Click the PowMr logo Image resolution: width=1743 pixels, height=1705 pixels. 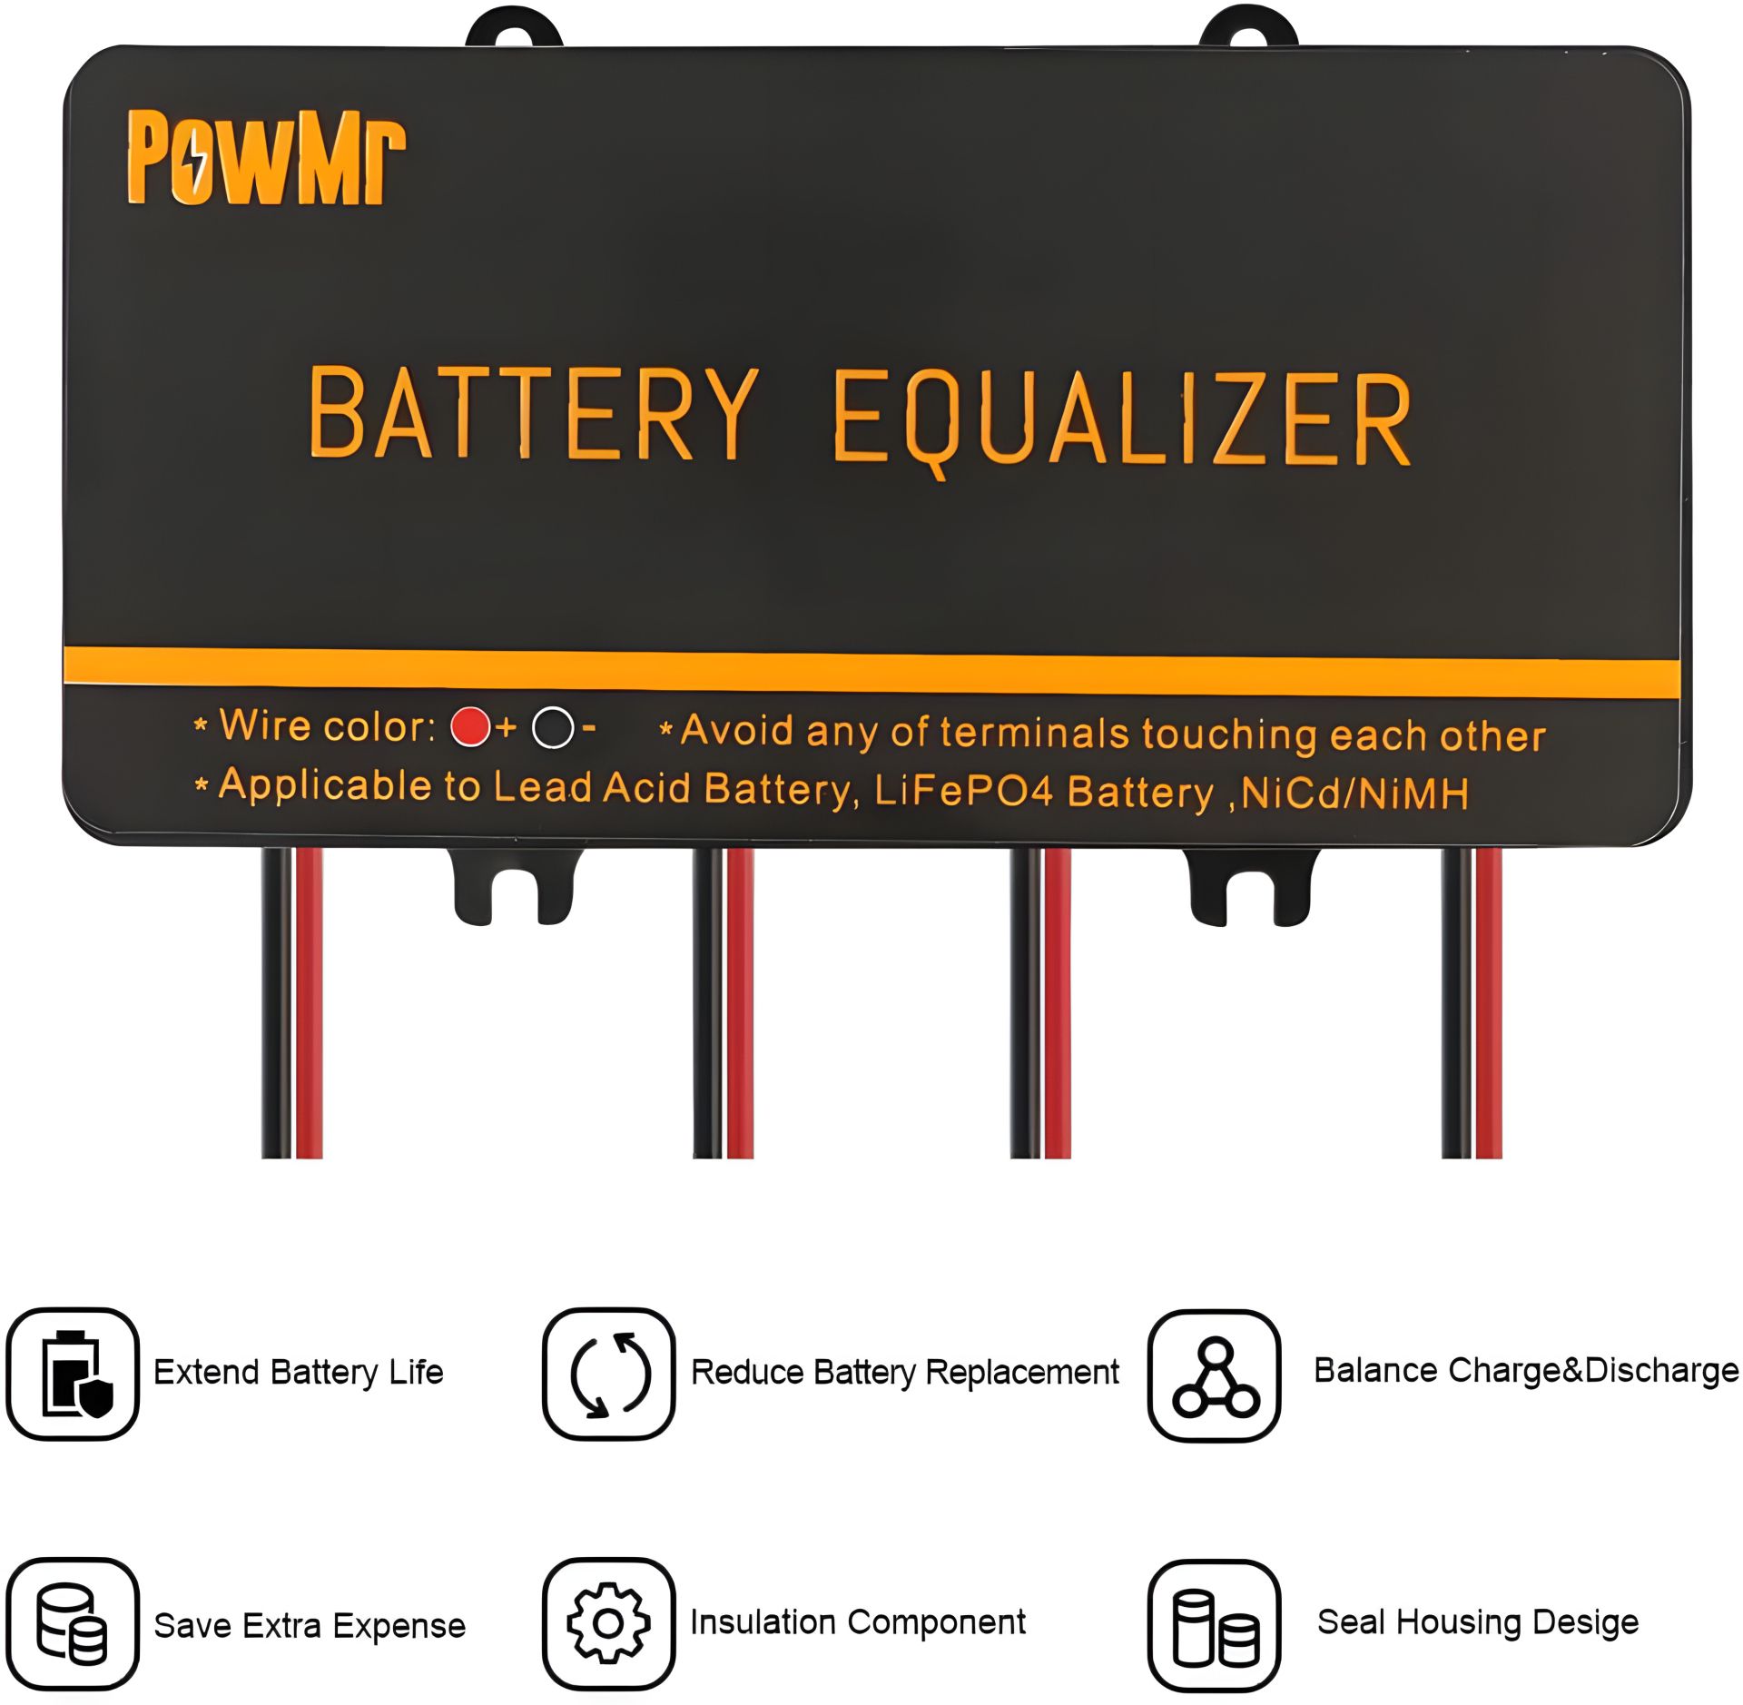pyautogui.click(x=266, y=158)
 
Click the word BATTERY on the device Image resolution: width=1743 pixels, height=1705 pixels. pyautogui.click(x=533, y=413)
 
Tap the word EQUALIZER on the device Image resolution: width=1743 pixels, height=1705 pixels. pyautogui.click(x=1122, y=421)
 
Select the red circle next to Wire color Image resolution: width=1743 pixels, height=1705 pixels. pyautogui.click(x=470, y=726)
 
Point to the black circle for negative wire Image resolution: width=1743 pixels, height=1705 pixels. pyautogui.click(x=553, y=728)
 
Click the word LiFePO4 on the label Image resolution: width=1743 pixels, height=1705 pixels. pyautogui.click(x=964, y=790)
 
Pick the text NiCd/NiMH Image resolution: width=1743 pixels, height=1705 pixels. pyautogui.click(x=1354, y=793)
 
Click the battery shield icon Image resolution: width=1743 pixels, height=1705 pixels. pyautogui.click(x=73, y=1374)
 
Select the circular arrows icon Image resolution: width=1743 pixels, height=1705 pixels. pyautogui.click(x=609, y=1374)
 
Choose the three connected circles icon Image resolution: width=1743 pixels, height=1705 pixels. pyautogui.click(x=1215, y=1375)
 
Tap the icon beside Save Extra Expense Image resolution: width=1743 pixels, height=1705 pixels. pyautogui.click(x=73, y=1624)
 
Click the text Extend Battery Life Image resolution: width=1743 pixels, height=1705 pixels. pyautogui.click(x=299, y=1373)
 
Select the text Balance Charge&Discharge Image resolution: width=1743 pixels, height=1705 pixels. pyautogui.click(x=1526, y=1371)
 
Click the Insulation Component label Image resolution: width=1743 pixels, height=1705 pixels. pyautogui.click(x=858, y=1622)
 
